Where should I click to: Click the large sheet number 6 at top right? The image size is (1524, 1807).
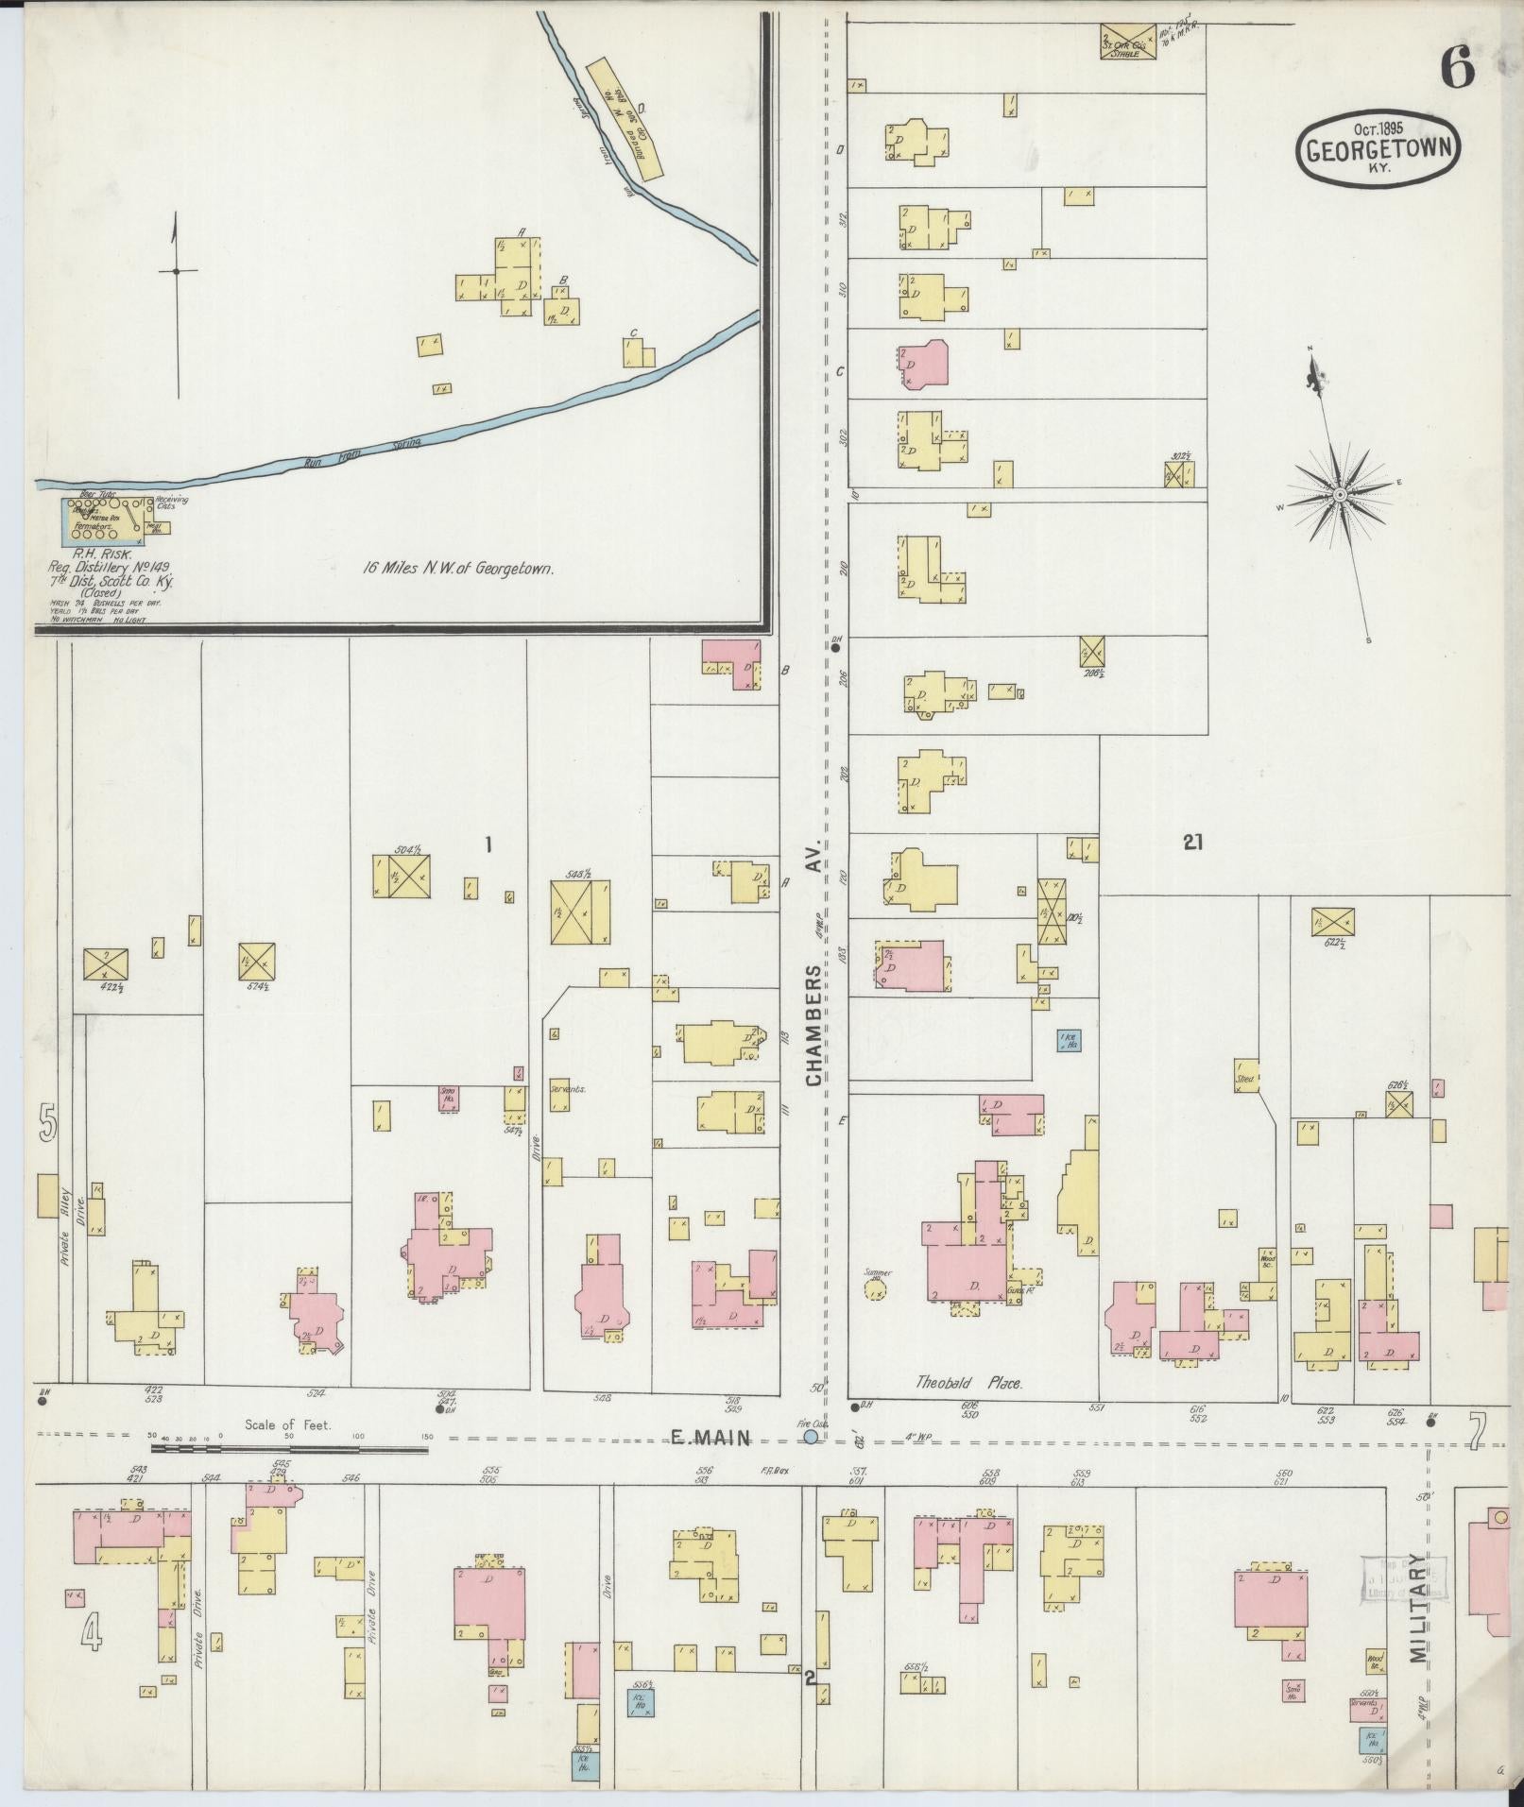(x=1457, y=68)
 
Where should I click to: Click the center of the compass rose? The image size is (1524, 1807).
(x=1340, y=494)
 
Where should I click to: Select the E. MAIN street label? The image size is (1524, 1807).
(x=710, y=1438)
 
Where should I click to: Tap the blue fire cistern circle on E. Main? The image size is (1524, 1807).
(x=810, y=1437)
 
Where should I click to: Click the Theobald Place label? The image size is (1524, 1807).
(x=968, y=1383)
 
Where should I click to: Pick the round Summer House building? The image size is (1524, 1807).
(x=876, y=1289)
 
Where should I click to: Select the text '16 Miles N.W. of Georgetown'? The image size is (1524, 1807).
(x=457, y=570)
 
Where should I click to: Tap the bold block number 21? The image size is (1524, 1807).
(x=1192, y=843)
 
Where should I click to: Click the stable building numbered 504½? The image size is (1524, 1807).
(x=401, y=877)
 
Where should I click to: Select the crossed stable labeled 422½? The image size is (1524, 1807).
(x=106, y=963)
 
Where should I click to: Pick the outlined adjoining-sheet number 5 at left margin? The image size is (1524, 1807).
(x=47, y=1123)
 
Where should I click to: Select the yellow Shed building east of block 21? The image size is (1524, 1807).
(x=1245, y=1076)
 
